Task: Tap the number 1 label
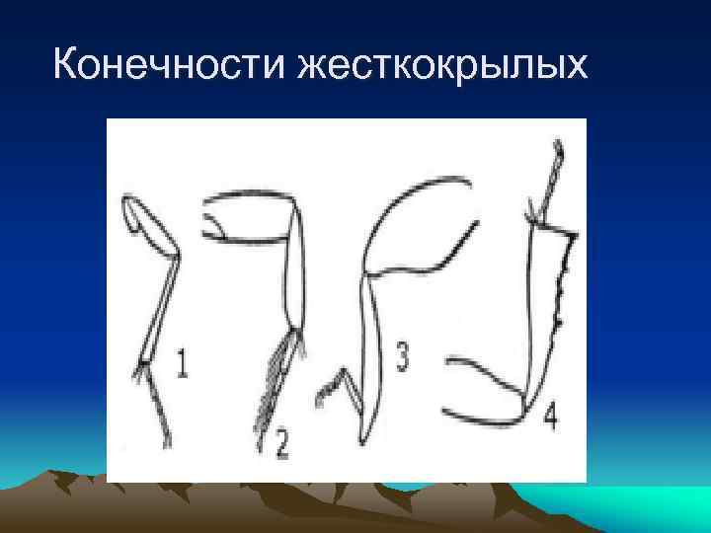pyautogui.click(x=182, y=365)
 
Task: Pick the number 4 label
pyautogui.click(x=550, y=416)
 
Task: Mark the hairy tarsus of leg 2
pyautogui.click(x=276, y=390)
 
